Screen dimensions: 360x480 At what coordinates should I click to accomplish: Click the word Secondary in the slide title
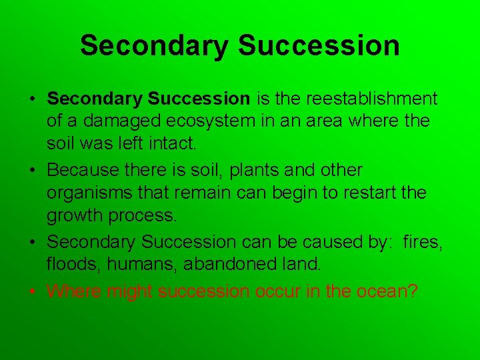click(154, 45)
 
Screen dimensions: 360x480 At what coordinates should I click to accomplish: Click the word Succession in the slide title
click(318, 45)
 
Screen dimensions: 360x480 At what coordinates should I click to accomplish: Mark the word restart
click(383, 193)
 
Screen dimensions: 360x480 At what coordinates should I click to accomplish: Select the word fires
click(423, 241)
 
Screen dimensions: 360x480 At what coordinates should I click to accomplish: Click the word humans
click(132, 265)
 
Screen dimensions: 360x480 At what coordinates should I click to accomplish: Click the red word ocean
click(388, 291)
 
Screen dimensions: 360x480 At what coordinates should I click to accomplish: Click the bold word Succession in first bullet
click(199, 99)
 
